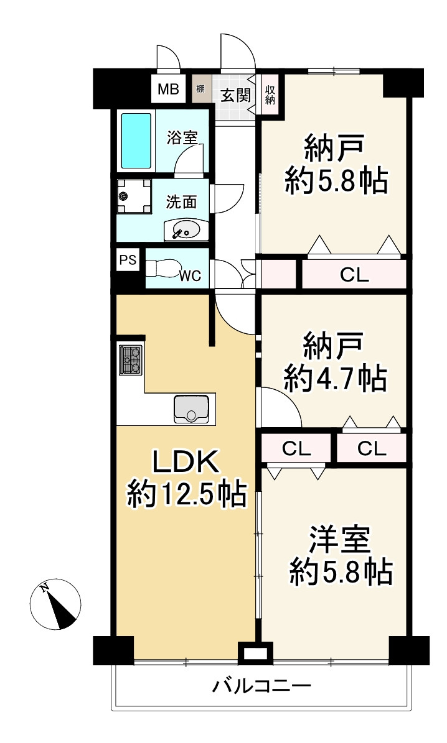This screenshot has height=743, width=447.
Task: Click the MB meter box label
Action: point(169,89)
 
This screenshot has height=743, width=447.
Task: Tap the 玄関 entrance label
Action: point(235,96)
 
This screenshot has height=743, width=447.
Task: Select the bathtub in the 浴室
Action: point(136,141)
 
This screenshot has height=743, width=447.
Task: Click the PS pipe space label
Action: point(128,260)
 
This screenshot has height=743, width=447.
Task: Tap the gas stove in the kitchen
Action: point(131,360)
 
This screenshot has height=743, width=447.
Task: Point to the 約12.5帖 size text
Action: point(187,494)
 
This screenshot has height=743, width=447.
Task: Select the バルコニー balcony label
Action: point(261,686)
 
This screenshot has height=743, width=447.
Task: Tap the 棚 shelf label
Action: point(200,88)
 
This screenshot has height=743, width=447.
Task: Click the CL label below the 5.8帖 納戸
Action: point(354,275)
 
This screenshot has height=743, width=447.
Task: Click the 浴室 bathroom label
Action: point(182,137)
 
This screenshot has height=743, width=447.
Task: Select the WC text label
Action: point(191,276)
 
